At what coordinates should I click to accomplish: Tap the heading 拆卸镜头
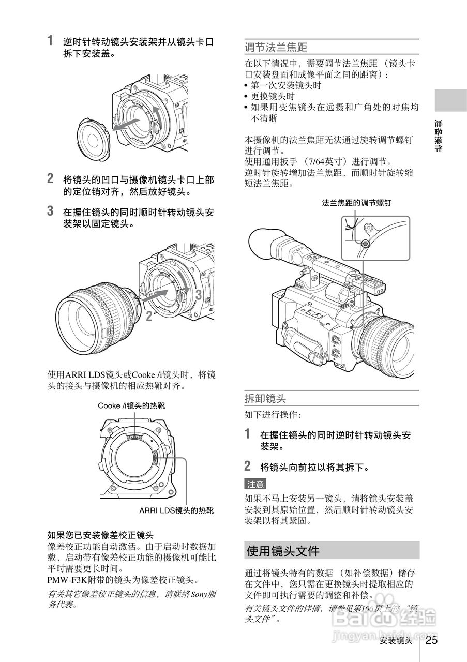tap(265, 398)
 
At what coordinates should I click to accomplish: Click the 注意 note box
tap(255, 484)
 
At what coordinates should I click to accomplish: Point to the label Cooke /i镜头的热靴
tap(131, 406)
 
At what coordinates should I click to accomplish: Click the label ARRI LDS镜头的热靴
tap(176, 510)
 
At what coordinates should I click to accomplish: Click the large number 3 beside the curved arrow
tap(198, 295)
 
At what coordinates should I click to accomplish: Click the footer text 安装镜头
tap(396, 641)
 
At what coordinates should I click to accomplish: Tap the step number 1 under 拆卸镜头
tap(248, 433)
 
